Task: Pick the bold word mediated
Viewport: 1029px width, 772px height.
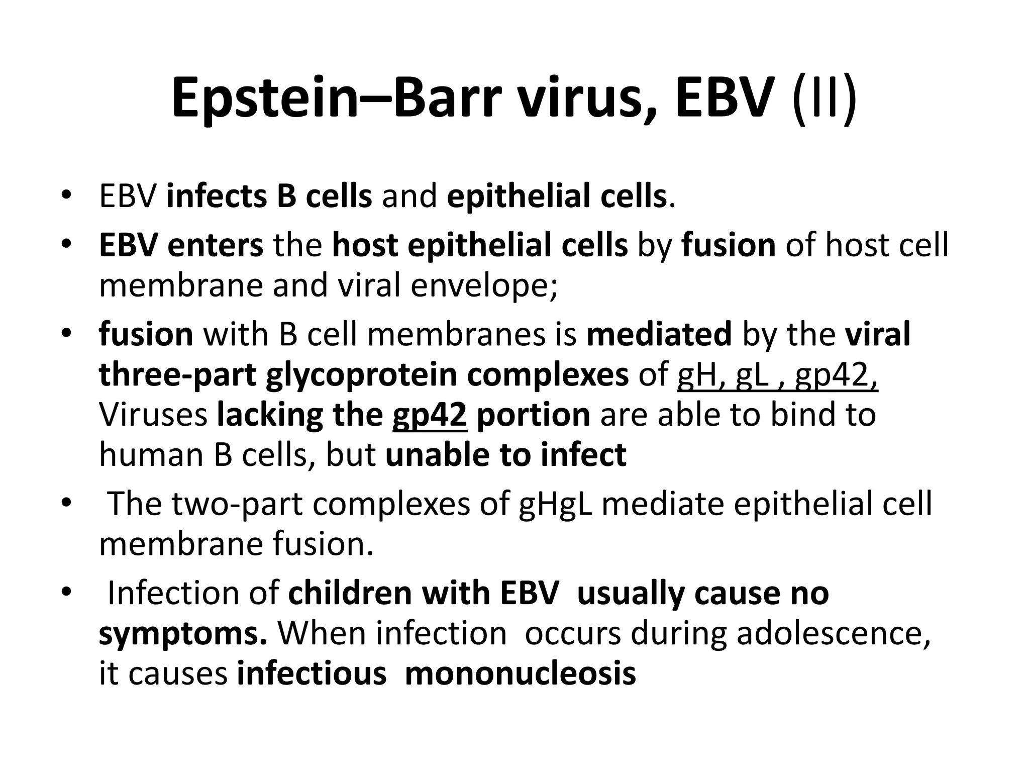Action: (x=659, y=334)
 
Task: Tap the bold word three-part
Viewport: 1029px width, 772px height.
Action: (x=177, y=374)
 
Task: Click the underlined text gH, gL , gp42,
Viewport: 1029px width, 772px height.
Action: (x=777, y=375)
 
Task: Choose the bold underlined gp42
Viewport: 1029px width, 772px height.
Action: (x=430, y=416)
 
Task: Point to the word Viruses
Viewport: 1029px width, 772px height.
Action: (x=153, y=415)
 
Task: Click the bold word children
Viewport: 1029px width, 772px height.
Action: (x=350, y=593)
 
